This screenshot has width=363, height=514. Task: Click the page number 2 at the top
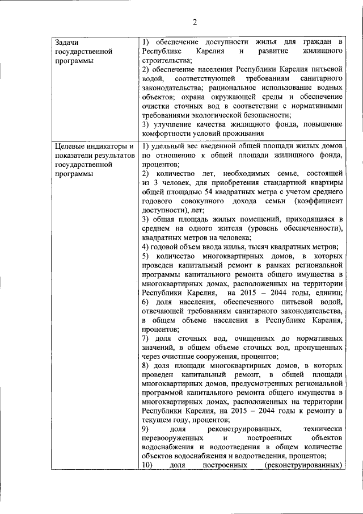(194, 22)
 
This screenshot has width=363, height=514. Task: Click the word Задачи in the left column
(66, 43)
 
